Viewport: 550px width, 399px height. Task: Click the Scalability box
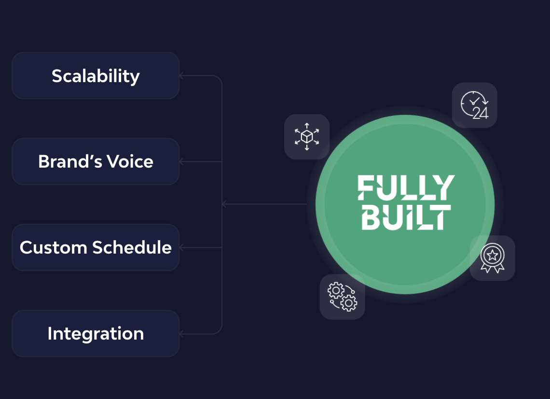96,76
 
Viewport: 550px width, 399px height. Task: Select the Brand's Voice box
96,161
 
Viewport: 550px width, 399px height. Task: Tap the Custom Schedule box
96,247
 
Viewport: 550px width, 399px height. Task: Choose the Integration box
96,333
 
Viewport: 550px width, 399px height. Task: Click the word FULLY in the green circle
406,187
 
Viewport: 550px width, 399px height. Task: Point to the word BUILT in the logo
406,216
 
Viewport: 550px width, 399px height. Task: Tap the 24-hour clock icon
474,105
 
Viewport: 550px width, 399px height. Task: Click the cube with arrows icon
307,137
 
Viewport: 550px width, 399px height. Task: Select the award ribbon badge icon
492,258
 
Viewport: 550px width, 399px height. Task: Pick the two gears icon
342,297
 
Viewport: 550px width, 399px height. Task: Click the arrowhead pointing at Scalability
181,76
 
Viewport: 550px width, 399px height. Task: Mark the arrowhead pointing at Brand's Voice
181,161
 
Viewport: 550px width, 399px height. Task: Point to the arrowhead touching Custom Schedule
181,247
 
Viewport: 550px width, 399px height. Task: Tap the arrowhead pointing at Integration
181,333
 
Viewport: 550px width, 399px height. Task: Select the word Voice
131,161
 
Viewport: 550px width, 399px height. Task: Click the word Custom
54,247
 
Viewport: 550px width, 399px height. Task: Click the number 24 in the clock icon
481,114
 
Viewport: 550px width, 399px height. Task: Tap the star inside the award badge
492,254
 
